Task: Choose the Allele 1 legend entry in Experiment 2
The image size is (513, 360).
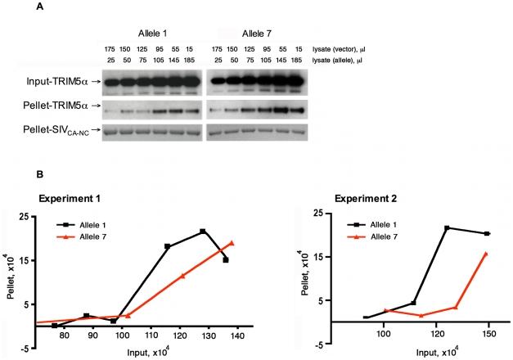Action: click(393, 221)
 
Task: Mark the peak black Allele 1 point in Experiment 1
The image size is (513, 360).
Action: click(202, 232)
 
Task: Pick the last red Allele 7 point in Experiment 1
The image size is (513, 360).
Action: click(232, 243)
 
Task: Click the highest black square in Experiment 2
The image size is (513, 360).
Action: click(446, 227)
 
